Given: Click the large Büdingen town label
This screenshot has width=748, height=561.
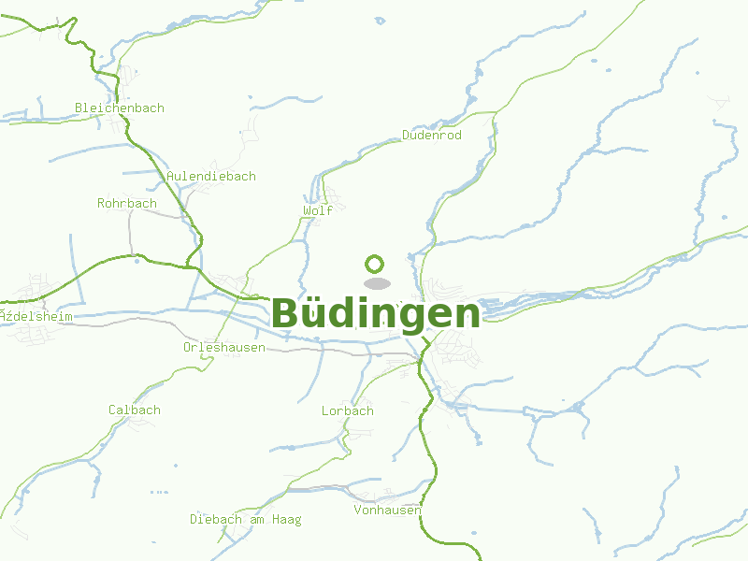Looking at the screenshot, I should click(376, 313).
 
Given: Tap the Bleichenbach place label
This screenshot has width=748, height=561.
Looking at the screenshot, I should click(120, 108).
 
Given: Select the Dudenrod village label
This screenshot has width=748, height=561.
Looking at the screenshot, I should click(432, 136).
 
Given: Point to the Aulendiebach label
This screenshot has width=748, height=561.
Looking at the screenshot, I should click(211, 176).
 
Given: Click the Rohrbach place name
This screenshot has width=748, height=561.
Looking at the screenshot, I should click(127, 203).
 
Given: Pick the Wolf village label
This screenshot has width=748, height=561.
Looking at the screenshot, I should click(318, 210).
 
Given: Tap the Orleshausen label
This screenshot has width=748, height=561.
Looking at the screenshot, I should click(224, 347).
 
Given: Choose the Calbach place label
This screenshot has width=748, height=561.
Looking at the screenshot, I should click(135, 410).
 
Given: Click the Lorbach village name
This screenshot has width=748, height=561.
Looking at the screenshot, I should click(348, 410).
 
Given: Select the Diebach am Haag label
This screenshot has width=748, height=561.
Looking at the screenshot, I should click(246, 519).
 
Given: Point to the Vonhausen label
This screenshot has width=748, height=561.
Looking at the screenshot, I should click(387, 510).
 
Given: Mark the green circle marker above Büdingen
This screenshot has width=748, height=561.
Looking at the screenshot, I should click(375, 264).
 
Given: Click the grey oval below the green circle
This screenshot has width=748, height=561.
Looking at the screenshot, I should click(376, 283).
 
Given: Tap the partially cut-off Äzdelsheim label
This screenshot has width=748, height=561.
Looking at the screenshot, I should click(36, 316).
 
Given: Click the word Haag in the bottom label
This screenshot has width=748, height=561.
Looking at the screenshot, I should click(286, 519).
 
